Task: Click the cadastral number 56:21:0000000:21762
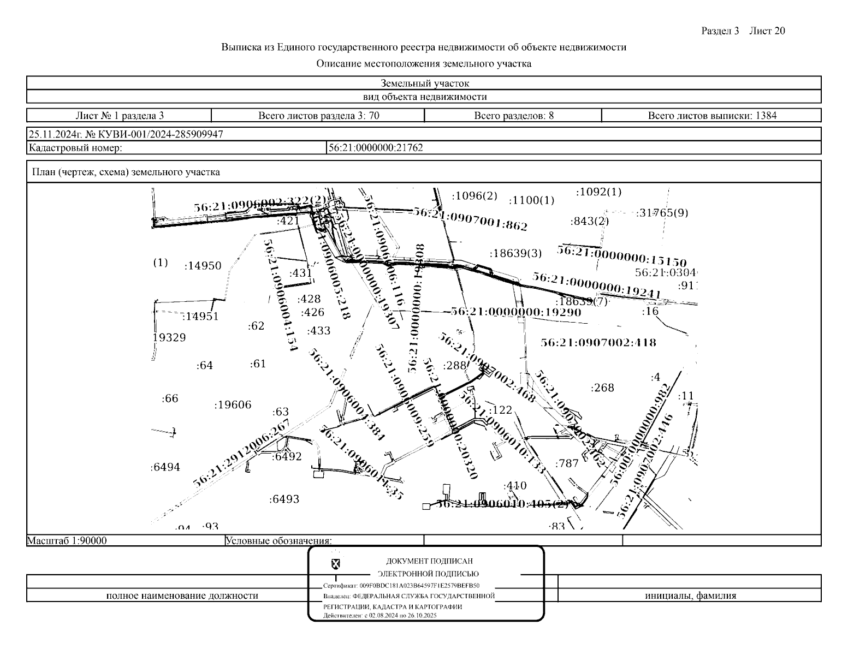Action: pos(375,148)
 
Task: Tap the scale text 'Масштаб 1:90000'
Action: pos(67,541)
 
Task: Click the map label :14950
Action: pos(203,266)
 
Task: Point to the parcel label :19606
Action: pos(233,405)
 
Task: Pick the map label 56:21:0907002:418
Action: pos(598,343)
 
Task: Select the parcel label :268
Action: pos(602,388)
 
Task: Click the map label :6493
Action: pos(284,499)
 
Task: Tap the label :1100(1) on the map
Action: pos(531,201)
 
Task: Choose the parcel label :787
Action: pos(567,464)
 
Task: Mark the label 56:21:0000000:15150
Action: pos(621,256)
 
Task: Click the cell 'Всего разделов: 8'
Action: pos(513,116)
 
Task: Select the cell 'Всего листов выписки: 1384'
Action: pos(711,116)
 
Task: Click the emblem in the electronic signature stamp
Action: pos(335,563)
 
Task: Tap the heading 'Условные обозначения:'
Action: pos(278,541)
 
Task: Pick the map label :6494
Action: pos(165,467)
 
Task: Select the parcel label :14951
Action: pos(200,317)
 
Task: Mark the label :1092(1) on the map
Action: pos(599,192)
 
